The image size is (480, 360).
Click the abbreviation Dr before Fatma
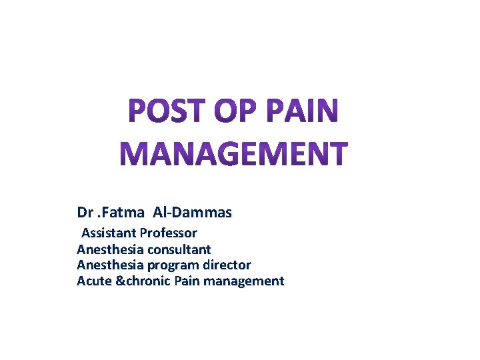[x=85, y=213]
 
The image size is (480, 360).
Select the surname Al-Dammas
[x=193, y=213]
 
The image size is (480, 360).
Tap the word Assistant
[x=109, y=233]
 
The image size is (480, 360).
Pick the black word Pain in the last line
[x=187, y=281]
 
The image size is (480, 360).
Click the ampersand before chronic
[x=120, y=281]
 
